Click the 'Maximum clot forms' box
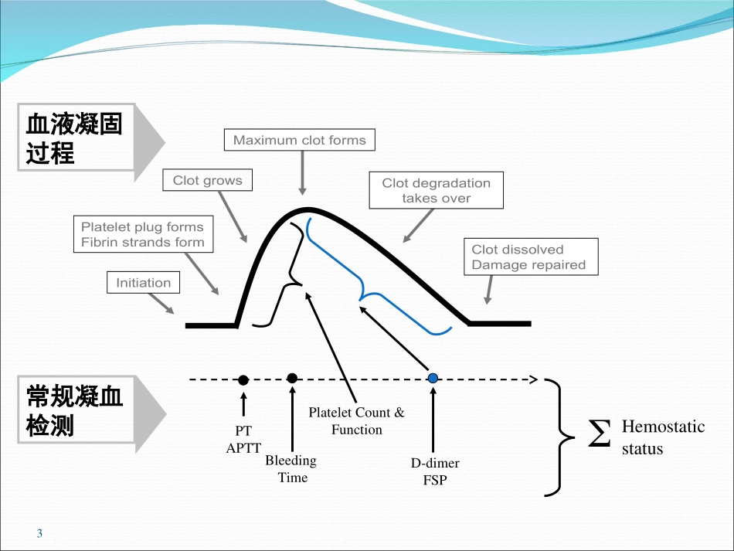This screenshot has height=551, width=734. (300, 141)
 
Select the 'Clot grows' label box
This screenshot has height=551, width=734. (207, 181)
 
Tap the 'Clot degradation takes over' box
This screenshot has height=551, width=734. (436, 190)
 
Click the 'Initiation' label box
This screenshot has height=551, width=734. (143, 283)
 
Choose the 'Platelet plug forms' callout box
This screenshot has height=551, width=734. (143, 235)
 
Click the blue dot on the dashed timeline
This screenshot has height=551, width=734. (433, 378)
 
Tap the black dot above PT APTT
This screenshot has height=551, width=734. (243, 379)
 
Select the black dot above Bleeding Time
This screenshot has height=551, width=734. (292, 378)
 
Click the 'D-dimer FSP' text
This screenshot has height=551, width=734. (435, 471)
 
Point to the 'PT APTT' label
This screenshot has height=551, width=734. (243, 439)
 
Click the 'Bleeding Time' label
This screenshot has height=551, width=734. (291, 469)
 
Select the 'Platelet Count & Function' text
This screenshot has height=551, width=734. (356, 421)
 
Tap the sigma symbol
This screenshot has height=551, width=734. (599, 434)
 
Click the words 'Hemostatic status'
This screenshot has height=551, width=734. (663, 437)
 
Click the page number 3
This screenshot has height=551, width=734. (40, 534)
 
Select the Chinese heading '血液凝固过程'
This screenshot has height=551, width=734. (75, 138)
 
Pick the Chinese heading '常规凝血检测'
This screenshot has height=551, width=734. (75, 410)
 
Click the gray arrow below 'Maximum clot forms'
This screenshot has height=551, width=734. (302, 175)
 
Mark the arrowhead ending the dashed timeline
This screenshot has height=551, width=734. (532, 379)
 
